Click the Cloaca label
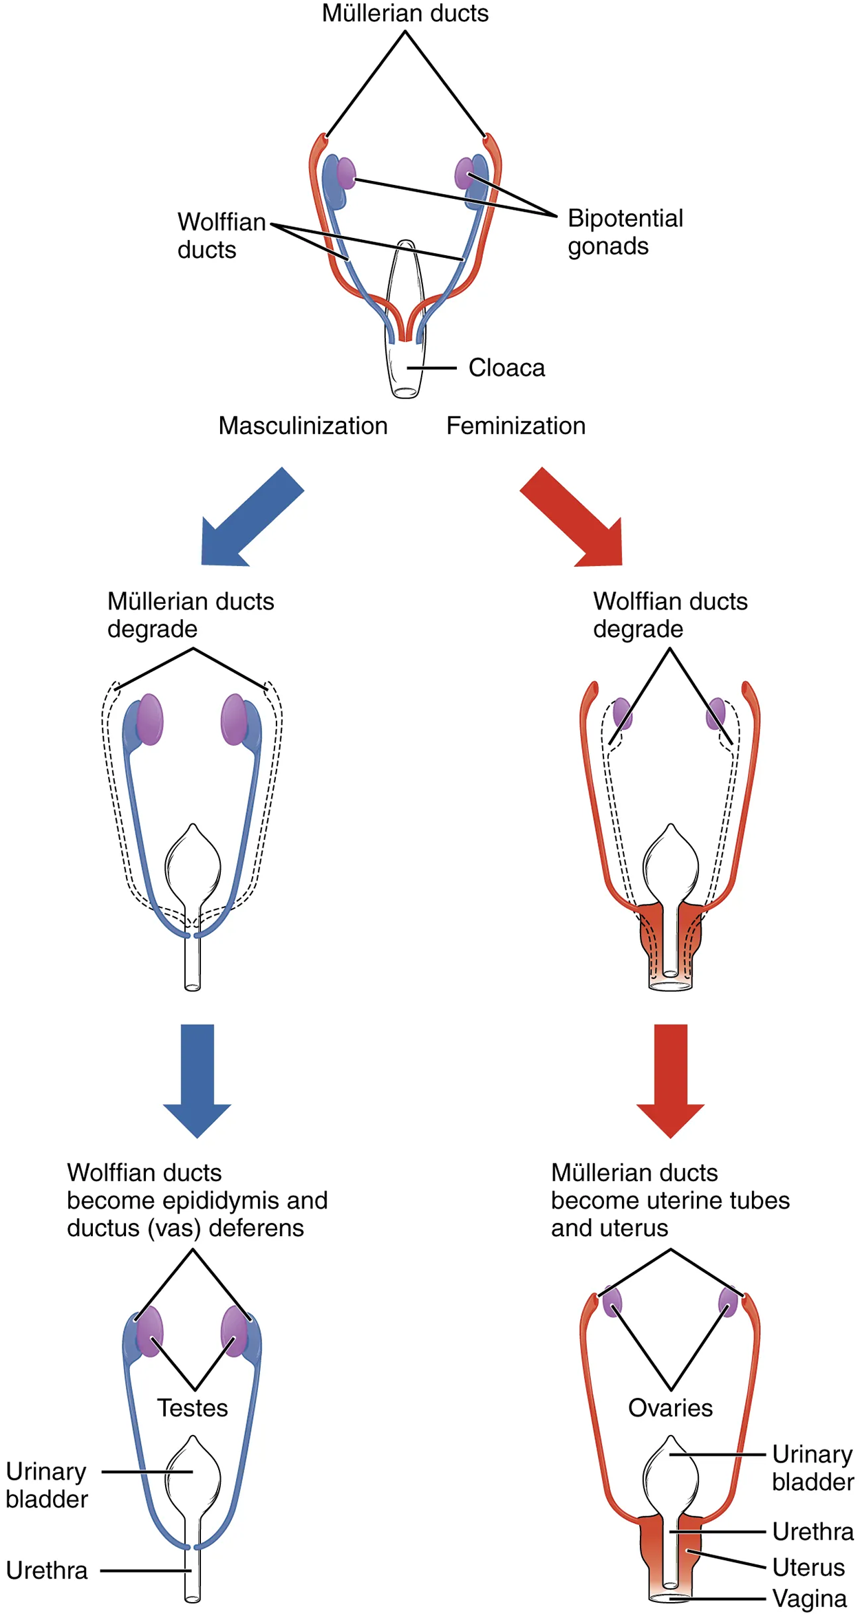[x=506, y=368]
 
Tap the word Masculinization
[x=303, y=426]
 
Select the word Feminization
[x=516, y=426]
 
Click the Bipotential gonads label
[x=625, y=232]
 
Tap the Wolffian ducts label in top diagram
[x=221, y=235]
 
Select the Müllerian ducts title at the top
[x=405, y=13]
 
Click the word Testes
[x=193, y=1407]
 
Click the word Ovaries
[x=670, y=1407]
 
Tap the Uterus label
[x=808, y=1567]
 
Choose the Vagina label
[x=809, y=1599]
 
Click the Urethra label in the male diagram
[x=47, y=1570]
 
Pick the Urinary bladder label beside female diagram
[x=813, y=1467]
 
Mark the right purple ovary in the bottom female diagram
[x=728, y=1302]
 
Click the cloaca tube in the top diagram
[x=405, y=371]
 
